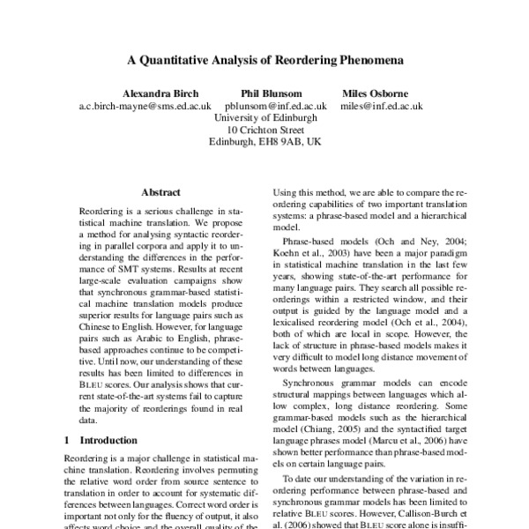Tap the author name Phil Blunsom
tap(272, 93)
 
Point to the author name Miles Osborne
tap(382, 93)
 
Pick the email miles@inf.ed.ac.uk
tap(382, 106)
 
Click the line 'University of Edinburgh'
tap(264, 117)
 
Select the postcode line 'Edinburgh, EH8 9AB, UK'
tap(264, 141)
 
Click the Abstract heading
tap(160, 191)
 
